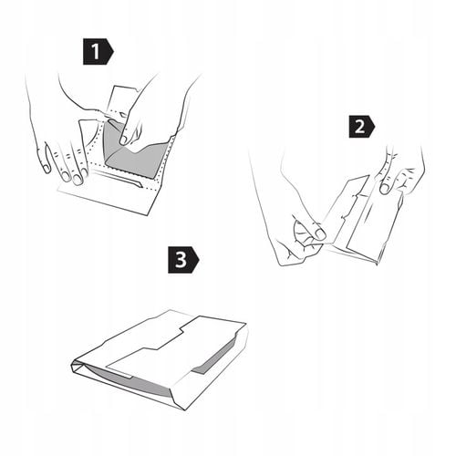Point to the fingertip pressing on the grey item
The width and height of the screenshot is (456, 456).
tap(123, 140)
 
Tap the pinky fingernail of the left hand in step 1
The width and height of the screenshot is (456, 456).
tap(47, 168)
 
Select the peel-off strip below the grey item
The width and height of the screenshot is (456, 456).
tap(119, 179)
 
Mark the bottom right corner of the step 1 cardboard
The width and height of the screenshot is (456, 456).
tap(148, 215)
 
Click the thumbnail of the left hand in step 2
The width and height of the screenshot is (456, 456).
tap(320, 233)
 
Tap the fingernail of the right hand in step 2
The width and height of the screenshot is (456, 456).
tap(385, 189)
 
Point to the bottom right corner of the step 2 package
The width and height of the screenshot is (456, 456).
tap(377, 264)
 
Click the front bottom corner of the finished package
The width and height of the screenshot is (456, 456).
tap(186, 410)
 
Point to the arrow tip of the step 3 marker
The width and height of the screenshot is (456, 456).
tap(200, 260)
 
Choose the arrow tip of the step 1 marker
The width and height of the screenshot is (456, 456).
tap(114, 51)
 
